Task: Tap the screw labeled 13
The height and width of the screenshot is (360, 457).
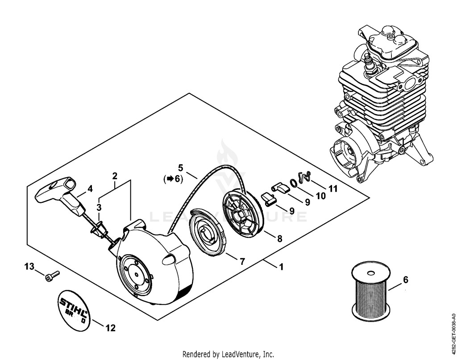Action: click(x=53, y=276)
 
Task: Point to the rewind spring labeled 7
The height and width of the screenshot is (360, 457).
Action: click(x=208, y=232)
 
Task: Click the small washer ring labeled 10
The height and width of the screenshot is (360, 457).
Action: click(x=294, y=183)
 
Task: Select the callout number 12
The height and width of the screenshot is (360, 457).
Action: click(x=111, y=328)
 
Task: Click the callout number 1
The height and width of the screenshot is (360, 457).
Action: click(x=281, y=267)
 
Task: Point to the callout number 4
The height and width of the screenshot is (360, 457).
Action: click(x=90, y=189)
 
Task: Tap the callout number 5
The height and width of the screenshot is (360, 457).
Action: click(x=180, y=168)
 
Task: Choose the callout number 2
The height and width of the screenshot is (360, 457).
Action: click(x=115, y=176)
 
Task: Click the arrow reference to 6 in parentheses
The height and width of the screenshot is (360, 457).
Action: click(x=174, y=179)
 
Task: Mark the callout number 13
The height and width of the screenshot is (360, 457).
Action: click(x=29, y=267)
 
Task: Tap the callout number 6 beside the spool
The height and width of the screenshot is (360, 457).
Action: click(x=405, y=280)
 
